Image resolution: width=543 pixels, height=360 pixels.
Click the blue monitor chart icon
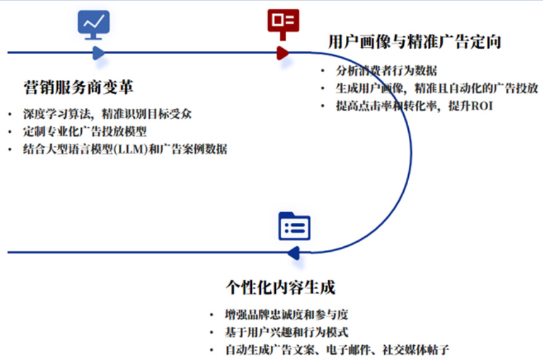coord(94,24)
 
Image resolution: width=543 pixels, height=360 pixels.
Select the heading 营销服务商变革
coord(78,87)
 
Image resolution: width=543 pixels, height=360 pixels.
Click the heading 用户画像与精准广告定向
coord(414,42)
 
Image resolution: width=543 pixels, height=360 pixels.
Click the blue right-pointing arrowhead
coord(99,53)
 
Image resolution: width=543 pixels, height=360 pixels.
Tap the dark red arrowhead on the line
coord(283,53)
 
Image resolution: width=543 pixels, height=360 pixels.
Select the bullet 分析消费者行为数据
coord(387,71)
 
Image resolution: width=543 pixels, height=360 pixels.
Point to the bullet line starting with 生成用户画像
coord(437,88)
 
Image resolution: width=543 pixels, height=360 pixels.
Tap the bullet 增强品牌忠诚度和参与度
coord(286,315)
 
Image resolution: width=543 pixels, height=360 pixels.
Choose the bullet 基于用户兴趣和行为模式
coord(286,333)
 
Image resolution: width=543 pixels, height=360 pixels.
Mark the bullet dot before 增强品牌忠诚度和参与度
coord(211,315)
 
